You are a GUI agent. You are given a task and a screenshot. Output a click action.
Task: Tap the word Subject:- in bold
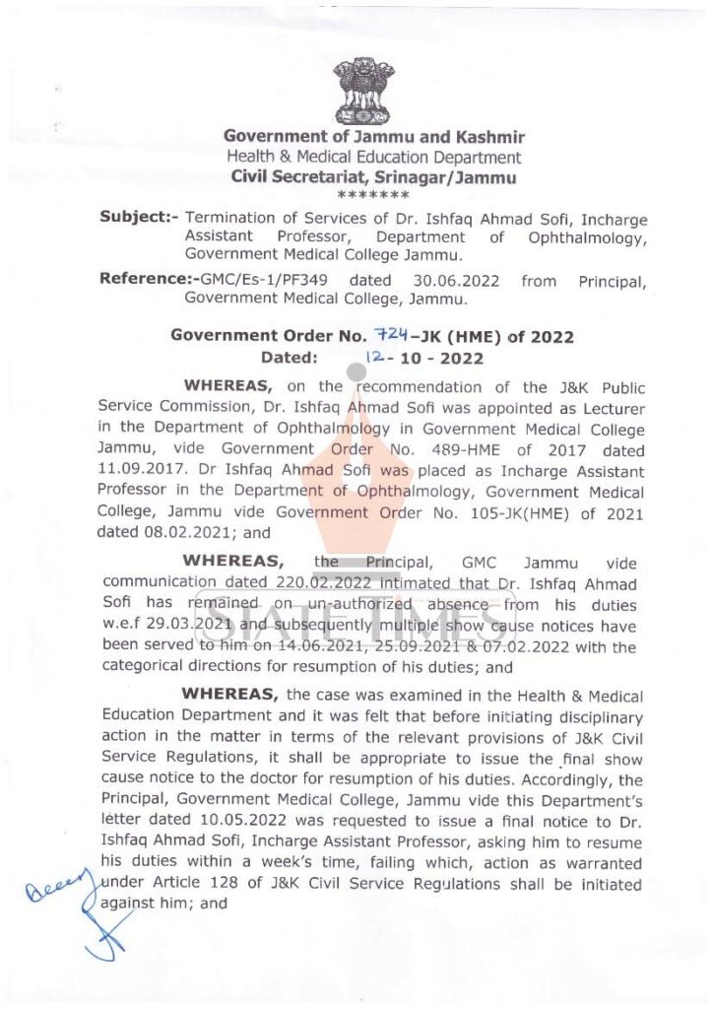pos(138,217)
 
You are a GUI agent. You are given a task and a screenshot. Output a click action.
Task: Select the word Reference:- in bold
pos(142,280)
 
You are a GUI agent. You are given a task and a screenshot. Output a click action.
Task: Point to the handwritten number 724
pos(396,335)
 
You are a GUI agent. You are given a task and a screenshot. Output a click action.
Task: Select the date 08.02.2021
pos(141,533)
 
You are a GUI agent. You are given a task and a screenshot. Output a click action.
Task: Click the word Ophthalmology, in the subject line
pos(587,236)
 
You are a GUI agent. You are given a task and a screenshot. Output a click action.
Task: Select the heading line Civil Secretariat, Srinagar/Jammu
pos(372,178)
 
